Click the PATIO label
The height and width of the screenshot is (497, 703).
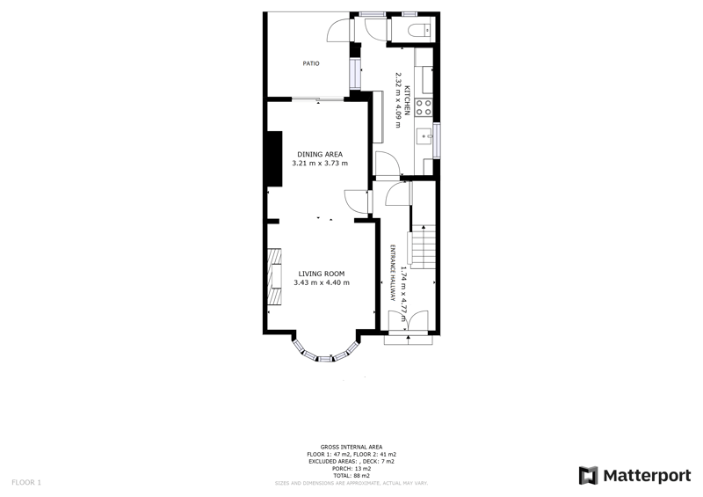[x=311, y=63]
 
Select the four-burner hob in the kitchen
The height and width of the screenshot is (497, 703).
[x=423, y=107]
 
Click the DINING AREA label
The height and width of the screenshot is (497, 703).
[x=320, y=154]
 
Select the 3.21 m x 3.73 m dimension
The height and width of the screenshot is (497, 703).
[x=320, y=164]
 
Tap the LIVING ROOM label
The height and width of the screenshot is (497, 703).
[x=321, y=273]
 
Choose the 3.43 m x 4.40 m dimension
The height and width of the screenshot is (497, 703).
[x=322, y=282]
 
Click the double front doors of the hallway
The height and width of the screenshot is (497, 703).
[x=409, y=321]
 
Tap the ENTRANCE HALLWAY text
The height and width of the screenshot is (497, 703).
[x=393, y=274]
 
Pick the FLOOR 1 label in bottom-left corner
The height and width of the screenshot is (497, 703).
[x=25, y=482]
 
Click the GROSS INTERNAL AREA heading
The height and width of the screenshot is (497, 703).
[x=351, y=447]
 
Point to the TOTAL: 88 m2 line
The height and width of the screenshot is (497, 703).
[x=351, y=476]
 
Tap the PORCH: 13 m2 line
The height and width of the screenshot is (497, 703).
[x=351, y=469]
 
